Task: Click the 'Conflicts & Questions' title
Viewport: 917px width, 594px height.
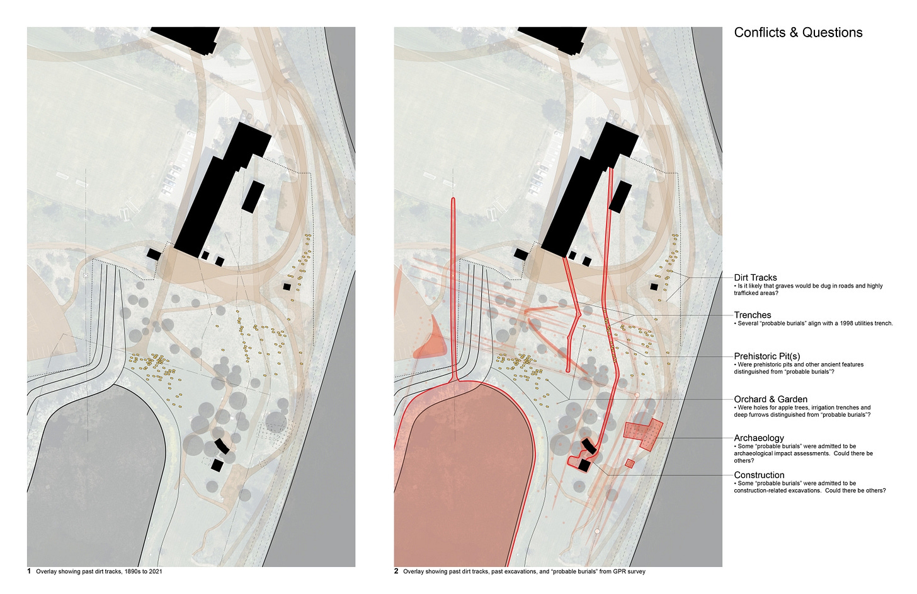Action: click(x=798, y=33)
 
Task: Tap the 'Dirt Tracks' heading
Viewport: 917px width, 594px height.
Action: click(x=755, y=277)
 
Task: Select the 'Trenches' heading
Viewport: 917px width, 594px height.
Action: click(x=752, y=315)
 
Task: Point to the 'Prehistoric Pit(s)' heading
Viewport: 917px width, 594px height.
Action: click(x=767, y=356)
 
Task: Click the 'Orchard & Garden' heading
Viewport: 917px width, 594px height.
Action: click(x=770, y=399)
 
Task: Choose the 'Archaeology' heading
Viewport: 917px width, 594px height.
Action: click(x=759, y=438)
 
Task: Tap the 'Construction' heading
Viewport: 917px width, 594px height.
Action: click(x=759, y=475)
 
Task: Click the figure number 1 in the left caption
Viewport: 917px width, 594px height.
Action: click(x=29, y=571)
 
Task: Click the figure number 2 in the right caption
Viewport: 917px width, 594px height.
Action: click(x=396, y=571)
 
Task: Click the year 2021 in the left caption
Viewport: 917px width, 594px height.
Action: click(x=155, y=571)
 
